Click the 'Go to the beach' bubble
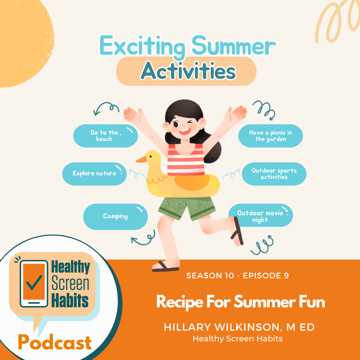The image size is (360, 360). tap(105, 136)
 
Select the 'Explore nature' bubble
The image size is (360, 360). tap(94, 174)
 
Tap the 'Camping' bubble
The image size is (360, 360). tap(115, 217)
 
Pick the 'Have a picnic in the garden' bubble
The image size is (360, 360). tap(270, 136)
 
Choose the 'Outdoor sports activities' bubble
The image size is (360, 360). tap(274, 174)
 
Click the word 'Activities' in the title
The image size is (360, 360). tap(188, 71)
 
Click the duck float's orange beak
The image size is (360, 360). tap(141, 160)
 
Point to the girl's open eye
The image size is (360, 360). tap(176, 124)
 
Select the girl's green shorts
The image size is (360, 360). tap(187, 208)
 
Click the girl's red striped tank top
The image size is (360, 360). tap(186, 160)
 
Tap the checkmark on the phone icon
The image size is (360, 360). tap(34, 283)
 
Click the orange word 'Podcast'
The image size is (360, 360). tap(55, 342)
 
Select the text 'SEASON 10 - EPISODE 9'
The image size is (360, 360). tap(237, 276)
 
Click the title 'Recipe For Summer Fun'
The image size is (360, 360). tap(241, 302)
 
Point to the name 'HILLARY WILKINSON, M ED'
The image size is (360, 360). tap(239, 327)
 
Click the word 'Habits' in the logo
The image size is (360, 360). tap(70, 301)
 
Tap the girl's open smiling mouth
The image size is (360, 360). tap(185, 132)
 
